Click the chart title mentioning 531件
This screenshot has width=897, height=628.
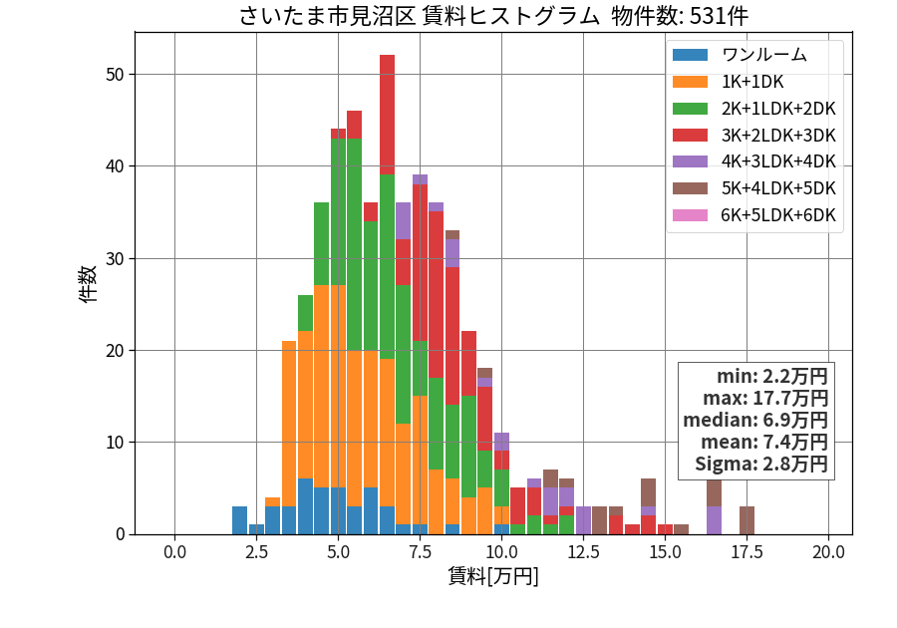tap(493, 15)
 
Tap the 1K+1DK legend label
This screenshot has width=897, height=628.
tap(752, 82)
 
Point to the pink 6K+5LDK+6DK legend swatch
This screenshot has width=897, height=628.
tap(690, 215)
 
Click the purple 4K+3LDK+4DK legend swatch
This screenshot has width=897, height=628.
tap(690, 161)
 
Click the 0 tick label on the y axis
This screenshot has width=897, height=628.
tap(120, 534)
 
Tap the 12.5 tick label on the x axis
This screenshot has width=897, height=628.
tap(583, 552)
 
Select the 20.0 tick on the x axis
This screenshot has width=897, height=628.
tap(828, 552)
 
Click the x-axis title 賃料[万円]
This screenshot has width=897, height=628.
tap(493, 576)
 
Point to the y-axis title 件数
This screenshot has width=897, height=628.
tap(88, 284)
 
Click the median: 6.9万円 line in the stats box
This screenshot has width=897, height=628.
tap(755, 420)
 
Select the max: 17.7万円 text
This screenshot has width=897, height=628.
tap(765, 398)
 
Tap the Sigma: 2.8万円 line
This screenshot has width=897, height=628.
tap(760, 464)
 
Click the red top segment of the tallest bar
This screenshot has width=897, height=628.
tap(388, 115)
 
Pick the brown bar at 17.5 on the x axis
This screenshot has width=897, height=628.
tap(747, 520)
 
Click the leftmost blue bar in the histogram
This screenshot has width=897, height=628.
tap(239, 520)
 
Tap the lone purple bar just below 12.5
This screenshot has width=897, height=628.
tap(583, 520)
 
